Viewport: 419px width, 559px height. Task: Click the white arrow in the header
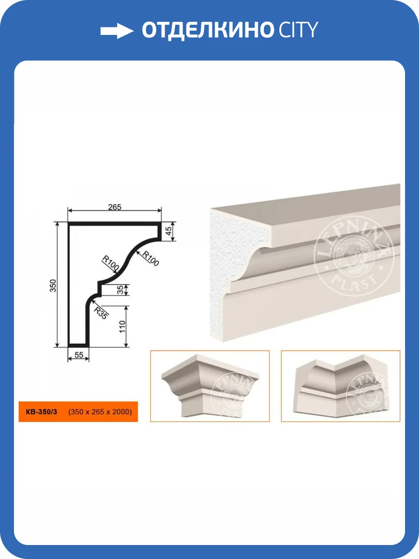117,31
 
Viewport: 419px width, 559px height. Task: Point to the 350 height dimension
53,286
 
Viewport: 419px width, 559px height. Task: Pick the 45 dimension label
169,231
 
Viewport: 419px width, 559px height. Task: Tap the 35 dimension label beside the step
120,290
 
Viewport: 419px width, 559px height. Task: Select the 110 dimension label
122,327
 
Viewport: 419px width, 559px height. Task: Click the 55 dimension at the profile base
79,355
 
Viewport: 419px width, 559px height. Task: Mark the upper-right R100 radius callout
150,259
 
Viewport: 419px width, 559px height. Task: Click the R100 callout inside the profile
110,263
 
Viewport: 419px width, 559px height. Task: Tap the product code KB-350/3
41,412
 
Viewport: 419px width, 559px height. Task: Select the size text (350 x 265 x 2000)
100,412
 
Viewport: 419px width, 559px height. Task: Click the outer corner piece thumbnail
210,386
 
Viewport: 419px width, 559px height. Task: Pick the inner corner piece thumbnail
341,386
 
